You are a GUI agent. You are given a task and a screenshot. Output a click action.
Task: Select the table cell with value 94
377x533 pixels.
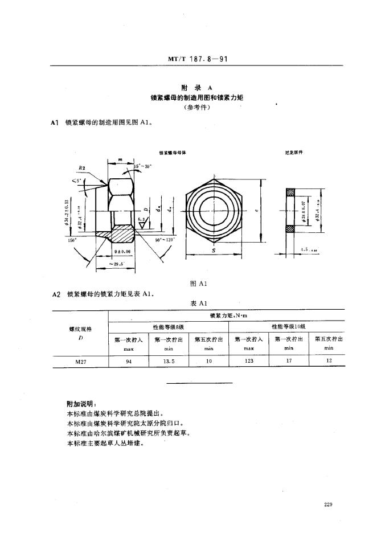[x=129, y=360]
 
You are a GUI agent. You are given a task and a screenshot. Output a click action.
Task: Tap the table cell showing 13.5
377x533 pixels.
[x=169, y=360]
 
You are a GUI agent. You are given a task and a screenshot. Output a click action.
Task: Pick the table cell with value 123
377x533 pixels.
[x=248, y=360]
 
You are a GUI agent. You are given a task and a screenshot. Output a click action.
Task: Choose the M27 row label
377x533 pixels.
[x=80, y=360]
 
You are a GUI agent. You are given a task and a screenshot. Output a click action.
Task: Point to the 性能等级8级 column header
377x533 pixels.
[x=169, y=326]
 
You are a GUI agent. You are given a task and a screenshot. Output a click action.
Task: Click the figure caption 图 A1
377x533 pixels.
[x=204, y=283]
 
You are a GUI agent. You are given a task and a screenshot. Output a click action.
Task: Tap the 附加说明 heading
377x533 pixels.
[x=77, y=404]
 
